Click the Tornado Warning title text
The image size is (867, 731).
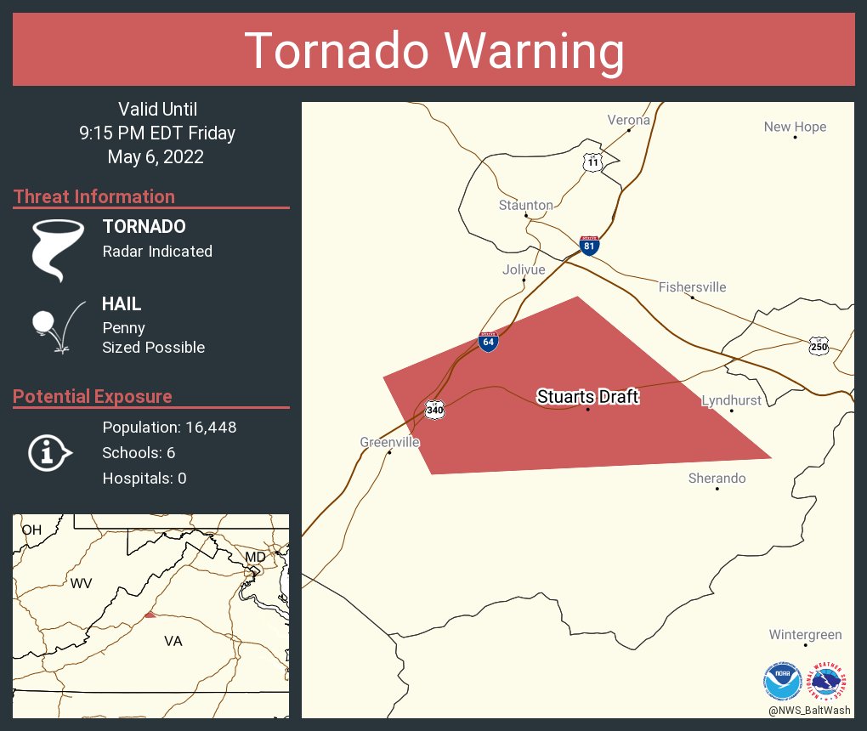tap(433, 51)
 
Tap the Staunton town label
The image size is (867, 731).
tap(525, 205)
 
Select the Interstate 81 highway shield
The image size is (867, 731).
tap(589, 246)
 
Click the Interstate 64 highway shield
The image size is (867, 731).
tap(488, 342)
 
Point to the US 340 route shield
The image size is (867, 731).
tap(435, 410)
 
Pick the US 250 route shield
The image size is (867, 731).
tap(818, 346)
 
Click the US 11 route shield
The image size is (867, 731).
tap(592, 161)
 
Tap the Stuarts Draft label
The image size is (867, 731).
tap(587, 397)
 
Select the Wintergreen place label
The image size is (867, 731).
tap(805, 634)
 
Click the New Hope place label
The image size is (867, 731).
tap(795, 127)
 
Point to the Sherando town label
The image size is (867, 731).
tap(717, 478)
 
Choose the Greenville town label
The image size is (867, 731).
tap(389, 442)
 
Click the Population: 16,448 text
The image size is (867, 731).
tap(169, 427)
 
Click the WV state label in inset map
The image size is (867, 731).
tap(81, 583)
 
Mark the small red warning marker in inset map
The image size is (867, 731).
tap(150, 615)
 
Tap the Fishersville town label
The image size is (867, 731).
tap(692, 287)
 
